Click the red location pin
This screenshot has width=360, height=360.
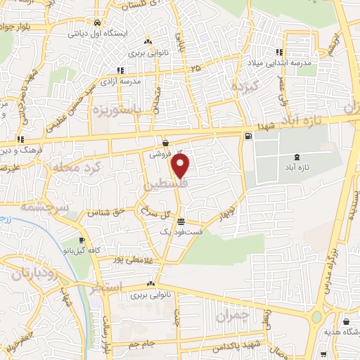[x=181, y=167]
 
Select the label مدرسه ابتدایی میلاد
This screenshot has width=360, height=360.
[x=304, y=62]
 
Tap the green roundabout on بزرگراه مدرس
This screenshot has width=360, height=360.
[x=316, y=317]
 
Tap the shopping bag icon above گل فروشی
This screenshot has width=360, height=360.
[x=165, y=142]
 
